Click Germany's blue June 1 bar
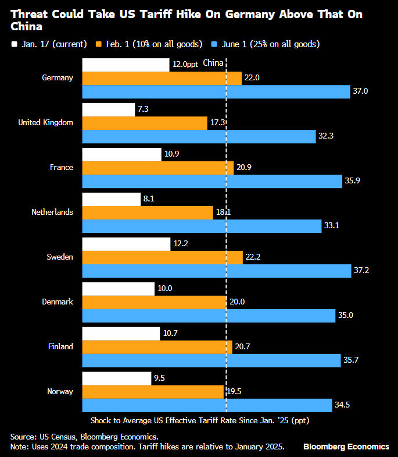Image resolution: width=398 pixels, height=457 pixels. point(216,91)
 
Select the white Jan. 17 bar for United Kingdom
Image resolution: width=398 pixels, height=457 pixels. point(109,109)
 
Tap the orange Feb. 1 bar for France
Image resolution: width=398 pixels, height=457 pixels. point(154,168)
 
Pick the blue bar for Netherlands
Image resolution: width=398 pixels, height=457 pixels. point(202,226)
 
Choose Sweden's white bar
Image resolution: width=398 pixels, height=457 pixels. point(127,244)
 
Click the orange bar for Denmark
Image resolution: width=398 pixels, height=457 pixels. point(155,302)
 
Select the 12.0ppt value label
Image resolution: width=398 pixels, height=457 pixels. point(185,65)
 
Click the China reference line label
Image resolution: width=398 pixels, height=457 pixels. point(213,65)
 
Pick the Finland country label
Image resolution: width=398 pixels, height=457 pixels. point(60,346)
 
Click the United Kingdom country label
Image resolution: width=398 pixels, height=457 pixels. point(46,122)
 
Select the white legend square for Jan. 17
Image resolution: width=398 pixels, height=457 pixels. point(14,44)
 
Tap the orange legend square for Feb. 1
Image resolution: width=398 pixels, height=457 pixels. point(100,44)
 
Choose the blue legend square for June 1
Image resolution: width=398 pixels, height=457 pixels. point(215,44)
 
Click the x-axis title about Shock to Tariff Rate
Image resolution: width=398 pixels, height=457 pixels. point(203,420)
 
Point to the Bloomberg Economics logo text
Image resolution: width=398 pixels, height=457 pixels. point(346,447)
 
